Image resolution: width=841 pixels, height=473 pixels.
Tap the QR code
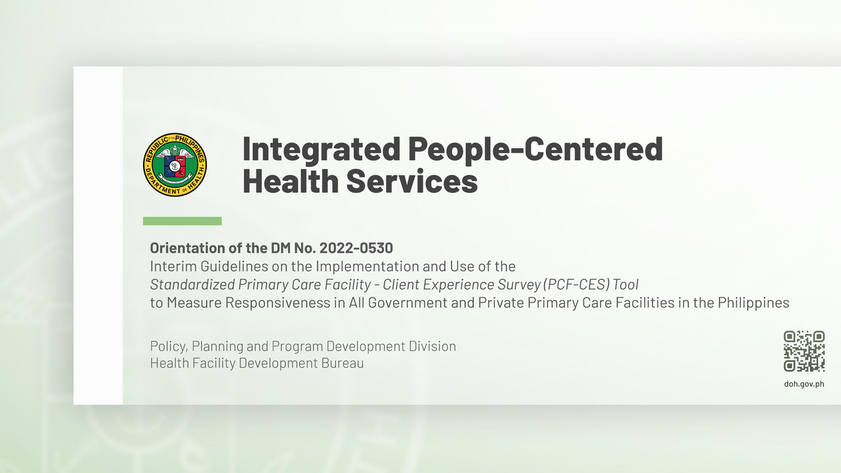coord(804,351)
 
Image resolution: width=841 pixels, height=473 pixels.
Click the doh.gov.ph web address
coord(804,384)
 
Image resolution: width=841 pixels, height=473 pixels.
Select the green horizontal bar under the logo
coord(182,221)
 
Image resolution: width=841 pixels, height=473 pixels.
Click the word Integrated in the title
coord(321,149)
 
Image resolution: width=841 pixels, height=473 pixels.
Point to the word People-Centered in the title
coord(535,149)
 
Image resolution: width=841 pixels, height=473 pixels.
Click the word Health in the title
coord(289,182)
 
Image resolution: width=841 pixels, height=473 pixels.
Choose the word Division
coord(432,347)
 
